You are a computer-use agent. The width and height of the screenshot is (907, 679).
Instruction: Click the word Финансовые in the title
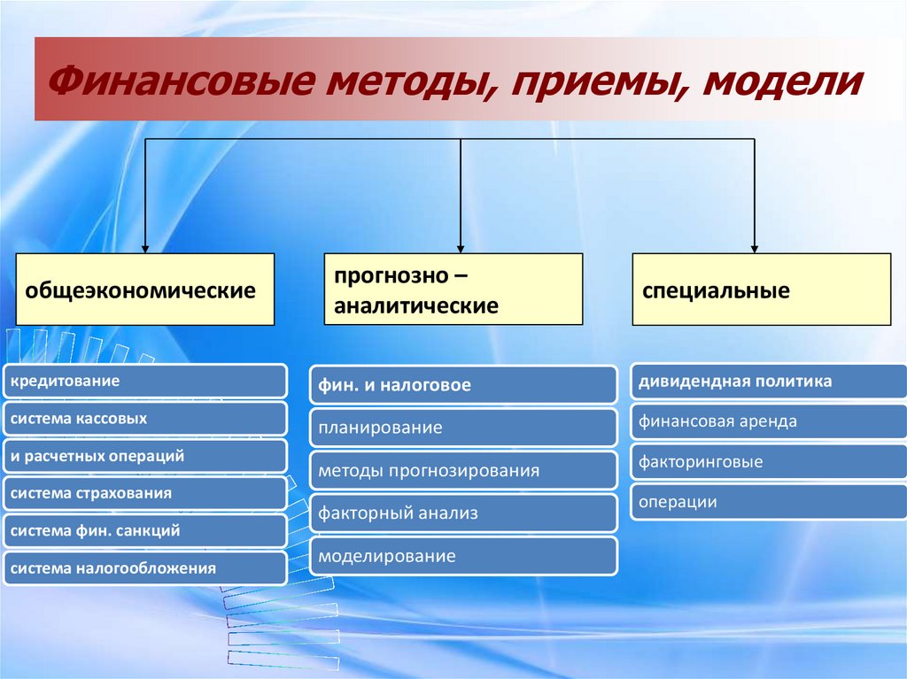point(177,84)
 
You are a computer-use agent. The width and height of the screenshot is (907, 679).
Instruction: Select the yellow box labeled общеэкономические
point(145,289)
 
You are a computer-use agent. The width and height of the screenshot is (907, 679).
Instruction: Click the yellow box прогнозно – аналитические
point(453,289)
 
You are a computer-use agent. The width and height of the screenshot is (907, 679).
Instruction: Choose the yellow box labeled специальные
point(761,289)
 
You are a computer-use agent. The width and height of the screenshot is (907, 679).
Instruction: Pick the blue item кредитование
point(144,381)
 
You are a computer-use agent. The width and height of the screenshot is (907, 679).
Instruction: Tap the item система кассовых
point(144,418)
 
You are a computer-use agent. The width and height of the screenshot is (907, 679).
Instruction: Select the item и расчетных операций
point(144,456)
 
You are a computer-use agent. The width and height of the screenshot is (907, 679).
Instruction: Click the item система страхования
point(144,493)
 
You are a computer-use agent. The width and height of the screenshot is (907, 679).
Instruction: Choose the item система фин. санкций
point(144,531)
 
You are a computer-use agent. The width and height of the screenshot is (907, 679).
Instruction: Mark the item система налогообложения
point(144,568)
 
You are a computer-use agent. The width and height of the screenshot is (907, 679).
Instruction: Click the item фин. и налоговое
point(463,385)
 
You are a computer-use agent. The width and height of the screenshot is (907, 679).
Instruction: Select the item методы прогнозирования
point(463,471)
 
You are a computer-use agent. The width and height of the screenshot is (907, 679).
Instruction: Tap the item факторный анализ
point(463,513)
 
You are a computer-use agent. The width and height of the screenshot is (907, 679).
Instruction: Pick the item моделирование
point(463,556)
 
